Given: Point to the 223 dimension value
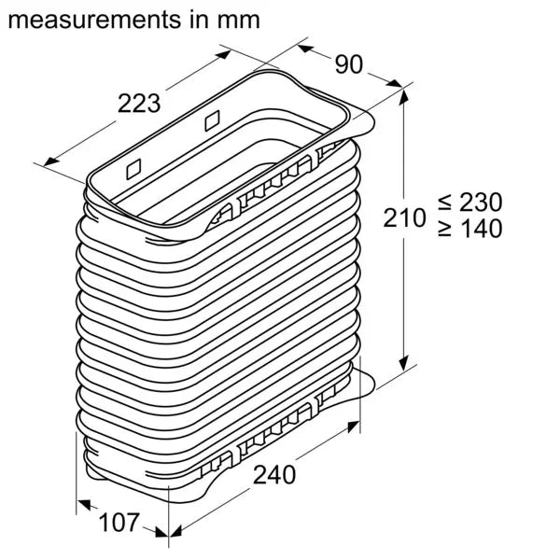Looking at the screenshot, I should pyautogui.click(x=140, y=105).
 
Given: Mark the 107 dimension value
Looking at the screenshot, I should pyautogui.click(x=121, y=523).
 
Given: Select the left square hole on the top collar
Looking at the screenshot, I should pyautogui.click(x=132, y=168).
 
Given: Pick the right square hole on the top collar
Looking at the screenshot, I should pyautogui.click(x=211, y=120).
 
